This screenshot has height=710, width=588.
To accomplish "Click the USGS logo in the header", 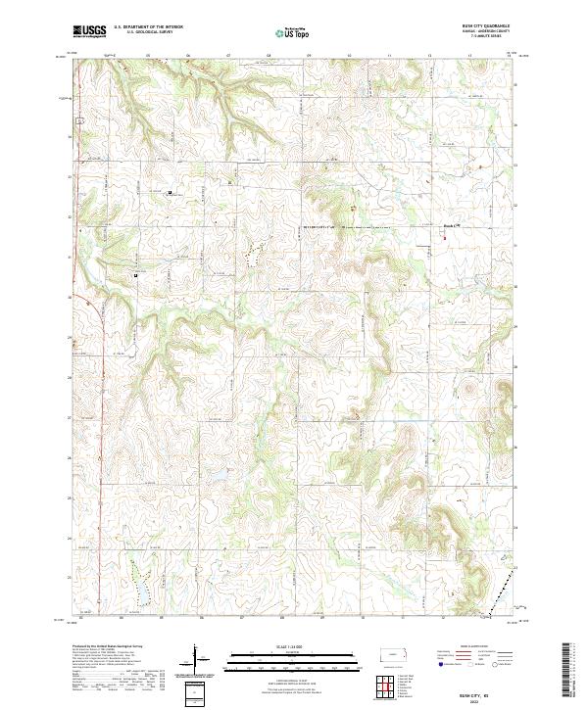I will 89,31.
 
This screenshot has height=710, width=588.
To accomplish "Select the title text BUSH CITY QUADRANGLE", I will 487,26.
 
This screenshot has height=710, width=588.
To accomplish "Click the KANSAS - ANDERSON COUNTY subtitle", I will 487,31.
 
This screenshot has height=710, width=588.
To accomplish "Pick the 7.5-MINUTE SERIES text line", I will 487,36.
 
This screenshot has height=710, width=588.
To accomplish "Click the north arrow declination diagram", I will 195,658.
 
